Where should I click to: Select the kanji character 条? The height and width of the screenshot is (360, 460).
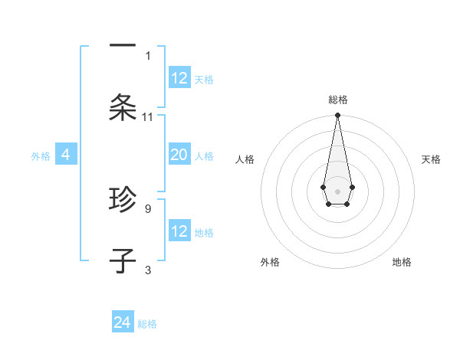click(x=123, y=108)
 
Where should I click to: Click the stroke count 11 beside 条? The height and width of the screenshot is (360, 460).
click(x=148, y=117)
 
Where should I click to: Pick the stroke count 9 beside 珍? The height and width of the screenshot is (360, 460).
click(x=148, y=208)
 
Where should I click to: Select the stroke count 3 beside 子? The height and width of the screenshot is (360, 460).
click(x=148, y=270)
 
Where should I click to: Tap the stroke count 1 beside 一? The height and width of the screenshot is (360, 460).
click(x=148, y=55)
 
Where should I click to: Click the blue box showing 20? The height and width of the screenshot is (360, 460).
click(x=179, y=155)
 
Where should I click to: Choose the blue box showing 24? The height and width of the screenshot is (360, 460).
click(x=123, y=322)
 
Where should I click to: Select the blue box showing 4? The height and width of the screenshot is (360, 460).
click(x=66, y=155)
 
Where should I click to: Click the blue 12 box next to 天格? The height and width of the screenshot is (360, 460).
click(x=179, y=78)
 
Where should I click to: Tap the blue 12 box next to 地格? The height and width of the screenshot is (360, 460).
click(x=179, y=231)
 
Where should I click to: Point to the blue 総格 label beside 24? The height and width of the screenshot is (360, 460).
click(x=147, y=324)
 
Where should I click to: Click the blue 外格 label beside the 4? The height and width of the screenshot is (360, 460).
click(x=41, y=156)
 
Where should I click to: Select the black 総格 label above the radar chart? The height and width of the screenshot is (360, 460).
click(x=337, y=100)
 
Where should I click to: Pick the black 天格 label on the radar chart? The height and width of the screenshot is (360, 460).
click(x=432, y=159)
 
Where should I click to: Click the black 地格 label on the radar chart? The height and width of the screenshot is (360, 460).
click(x=402, y=262)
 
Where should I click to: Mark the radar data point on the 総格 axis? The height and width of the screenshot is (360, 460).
click(x=337, y=116)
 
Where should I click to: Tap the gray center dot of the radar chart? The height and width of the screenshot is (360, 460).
click(x=337, y=191)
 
